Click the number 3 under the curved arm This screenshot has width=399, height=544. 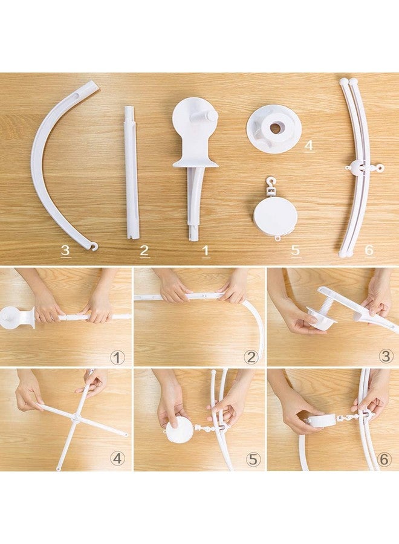(x=65, y=250)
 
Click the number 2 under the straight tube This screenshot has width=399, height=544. (x=144, y=250)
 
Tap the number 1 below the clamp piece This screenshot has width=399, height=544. (x=205, y=250)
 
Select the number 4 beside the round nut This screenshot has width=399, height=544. (x=309, y=145)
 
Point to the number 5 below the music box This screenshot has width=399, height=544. (x=295, y=250)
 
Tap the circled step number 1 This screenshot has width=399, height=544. (x=118, y=357)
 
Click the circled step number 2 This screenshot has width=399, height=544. (x=251, y=357)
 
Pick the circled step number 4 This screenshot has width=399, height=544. (x=117, y=459)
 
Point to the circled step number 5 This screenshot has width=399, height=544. (x=252, y=459)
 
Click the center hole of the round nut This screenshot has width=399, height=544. (x=275, y=128)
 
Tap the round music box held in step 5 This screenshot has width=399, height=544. (x=180, y=430)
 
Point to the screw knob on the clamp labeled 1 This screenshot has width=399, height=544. (x=209, y=115)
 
